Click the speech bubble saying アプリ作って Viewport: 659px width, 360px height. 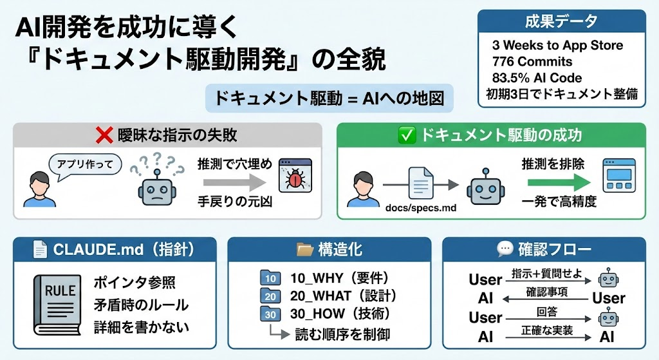click(86, 164)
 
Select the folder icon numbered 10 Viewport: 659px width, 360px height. click(271, 278)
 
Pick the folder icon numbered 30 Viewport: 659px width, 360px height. click(271, 315)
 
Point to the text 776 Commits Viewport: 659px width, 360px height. click(532, 62)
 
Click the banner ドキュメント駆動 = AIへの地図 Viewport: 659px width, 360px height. click(329, 99)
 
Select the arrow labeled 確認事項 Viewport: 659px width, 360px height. click(545, 299)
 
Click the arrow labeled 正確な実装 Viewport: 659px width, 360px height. click(545, 337)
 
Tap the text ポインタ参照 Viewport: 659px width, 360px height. click(134, 283)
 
